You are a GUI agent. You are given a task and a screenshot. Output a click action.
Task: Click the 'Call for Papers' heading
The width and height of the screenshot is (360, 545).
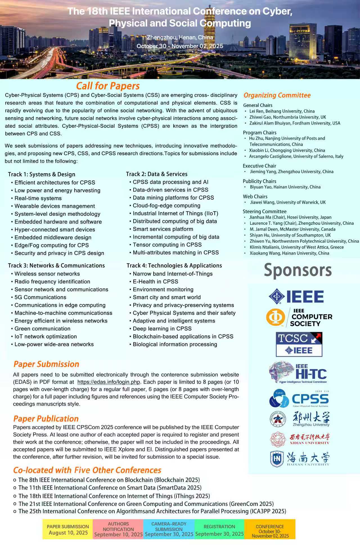[x=108, y=86]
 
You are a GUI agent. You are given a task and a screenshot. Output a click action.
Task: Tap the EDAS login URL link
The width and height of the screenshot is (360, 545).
[x=109, y=382]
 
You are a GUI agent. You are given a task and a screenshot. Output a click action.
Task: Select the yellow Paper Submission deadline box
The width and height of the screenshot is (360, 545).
[x=68, y=530]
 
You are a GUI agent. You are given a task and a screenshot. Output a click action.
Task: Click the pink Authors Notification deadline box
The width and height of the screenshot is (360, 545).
[x=118, y=530]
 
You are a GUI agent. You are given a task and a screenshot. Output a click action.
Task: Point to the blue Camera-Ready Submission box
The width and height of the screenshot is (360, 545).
[x=169, y=530]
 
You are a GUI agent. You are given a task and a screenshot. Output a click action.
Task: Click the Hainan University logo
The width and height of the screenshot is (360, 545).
[x=299, y=459]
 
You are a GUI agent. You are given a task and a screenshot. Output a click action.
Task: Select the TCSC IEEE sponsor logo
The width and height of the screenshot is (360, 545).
[x=299, y=344]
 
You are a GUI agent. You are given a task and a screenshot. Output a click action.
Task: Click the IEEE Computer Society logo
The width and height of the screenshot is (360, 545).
[x=299, y=317]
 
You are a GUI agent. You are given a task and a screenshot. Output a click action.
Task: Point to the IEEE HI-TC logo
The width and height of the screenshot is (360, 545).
[x=298, y=373]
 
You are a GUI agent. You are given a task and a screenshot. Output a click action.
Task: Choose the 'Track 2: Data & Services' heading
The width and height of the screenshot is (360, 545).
[x=157, y=174]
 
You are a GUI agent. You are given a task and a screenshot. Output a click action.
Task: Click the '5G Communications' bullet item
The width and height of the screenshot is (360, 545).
[x=40, y=297]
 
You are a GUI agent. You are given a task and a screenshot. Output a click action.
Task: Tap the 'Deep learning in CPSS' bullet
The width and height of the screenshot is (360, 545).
[x=162, y=328]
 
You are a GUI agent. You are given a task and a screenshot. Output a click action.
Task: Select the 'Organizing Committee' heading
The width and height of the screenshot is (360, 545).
[x=277, y=95]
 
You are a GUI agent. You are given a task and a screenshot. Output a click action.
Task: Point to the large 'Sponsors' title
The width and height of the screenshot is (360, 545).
[x=298, y=270]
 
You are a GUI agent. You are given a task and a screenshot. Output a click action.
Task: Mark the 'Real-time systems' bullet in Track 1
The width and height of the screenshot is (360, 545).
[x=38, y=198]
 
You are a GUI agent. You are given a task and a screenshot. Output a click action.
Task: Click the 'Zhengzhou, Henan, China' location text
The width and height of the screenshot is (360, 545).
[x=180, y=37]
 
